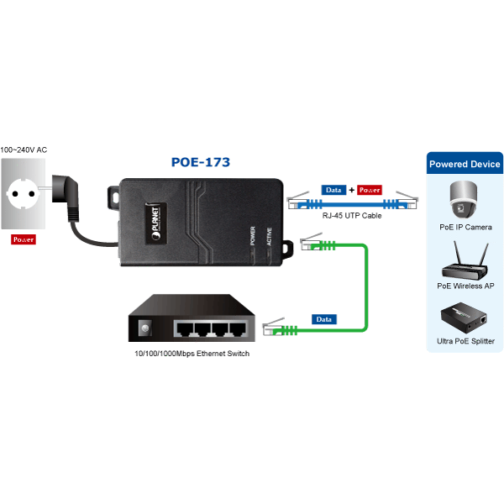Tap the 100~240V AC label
[24, 150]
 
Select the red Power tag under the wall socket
[24, 239]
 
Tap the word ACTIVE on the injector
[269, 236]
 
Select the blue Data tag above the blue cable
[333, 190]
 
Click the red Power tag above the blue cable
[370, 190]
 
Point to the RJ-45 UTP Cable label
[352, 216]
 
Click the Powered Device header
[464, 164]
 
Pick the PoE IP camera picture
[463, 198]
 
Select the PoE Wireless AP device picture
[464, 262]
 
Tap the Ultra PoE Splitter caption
[465, 341]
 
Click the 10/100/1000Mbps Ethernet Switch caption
[192, 354]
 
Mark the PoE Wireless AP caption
[465, 286]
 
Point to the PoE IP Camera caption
[465, 227]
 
